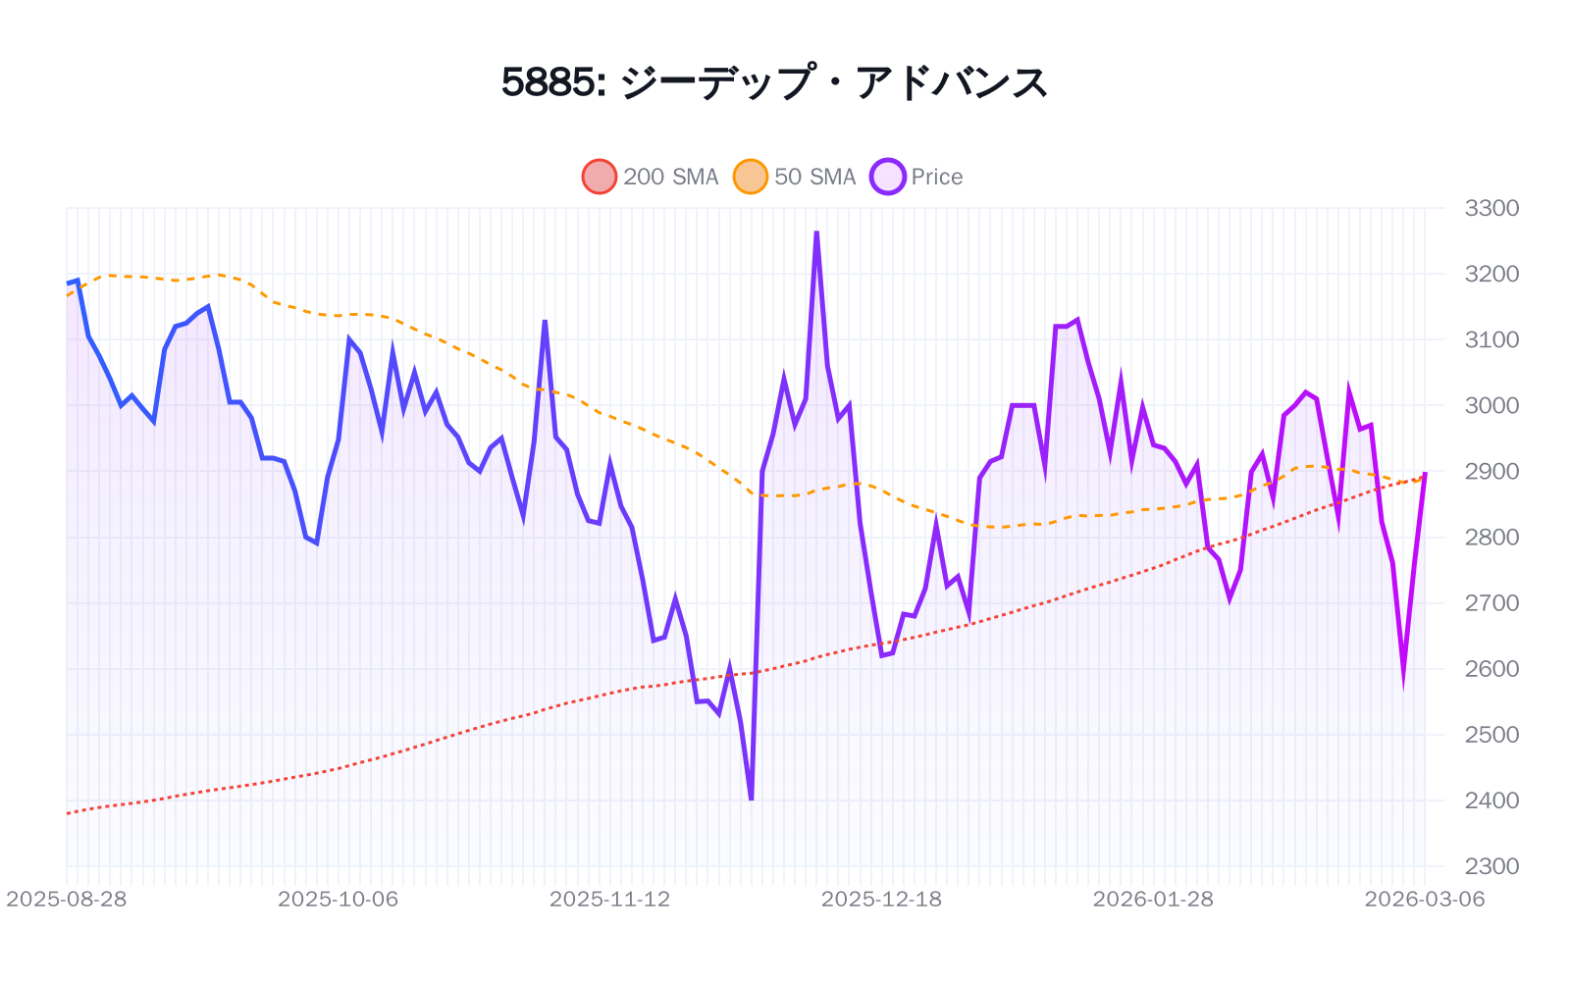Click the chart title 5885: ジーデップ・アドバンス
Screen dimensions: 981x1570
(x=774, y=82)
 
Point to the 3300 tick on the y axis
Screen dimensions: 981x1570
(x=1491, y=208)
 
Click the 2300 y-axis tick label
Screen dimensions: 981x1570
(x=1491, y=866)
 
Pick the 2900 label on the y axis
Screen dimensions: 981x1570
(x=1491, y=471)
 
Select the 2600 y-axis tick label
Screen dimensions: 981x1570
(x=1491, y=668)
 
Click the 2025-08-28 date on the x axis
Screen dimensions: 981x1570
(x=67, y=899)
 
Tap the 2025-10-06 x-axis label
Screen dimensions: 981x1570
(x=338, y=899)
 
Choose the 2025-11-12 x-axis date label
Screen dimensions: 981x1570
(x=609, y=899)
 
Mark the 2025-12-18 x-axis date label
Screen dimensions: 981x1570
(x=881, y=899)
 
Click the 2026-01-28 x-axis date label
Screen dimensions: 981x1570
(x=1153, y=899)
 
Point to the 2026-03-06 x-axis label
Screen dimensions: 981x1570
(x=1424, y=899)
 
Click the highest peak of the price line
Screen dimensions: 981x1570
(x=816, y=232)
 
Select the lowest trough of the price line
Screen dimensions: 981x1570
(x=752, y=800)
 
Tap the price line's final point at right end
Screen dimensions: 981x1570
(x=1425, y=472)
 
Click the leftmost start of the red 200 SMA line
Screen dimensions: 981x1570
(x=67, y=813)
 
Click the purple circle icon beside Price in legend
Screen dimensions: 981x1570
(x=888, y=177)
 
